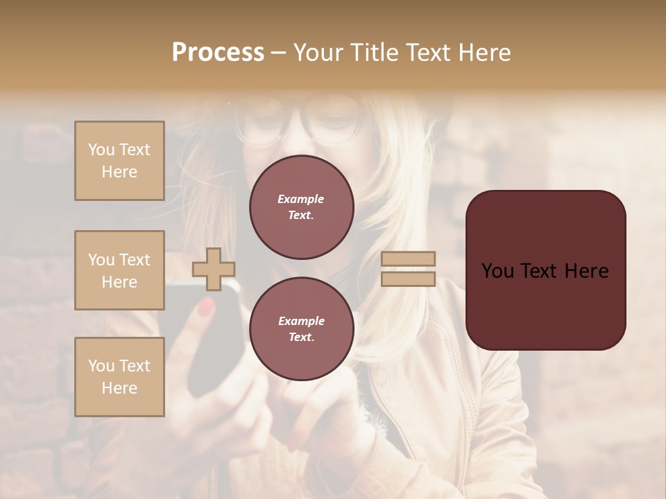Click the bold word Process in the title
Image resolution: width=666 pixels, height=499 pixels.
click(x=218, y=53)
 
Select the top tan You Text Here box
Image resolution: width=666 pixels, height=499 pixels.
click(x=119, y=161)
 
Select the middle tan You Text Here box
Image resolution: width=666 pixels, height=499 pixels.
click(x=119, y=270)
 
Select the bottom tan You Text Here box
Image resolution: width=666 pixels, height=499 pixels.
click(x=119, y=377)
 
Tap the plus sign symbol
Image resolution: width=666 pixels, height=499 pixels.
click(x=213, y=269)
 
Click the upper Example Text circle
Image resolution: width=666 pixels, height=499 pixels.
click(x=301, y=207)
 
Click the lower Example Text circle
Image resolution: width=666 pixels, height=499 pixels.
click(x=301, y=329)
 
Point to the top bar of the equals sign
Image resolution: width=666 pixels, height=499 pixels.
click(x=409, y=259)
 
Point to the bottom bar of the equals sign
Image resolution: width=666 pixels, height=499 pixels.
click(x=409, y=279)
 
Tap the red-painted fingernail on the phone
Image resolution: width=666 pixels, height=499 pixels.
click(x=206, y=306)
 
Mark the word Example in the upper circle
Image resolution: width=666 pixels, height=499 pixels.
click(x=301, y=199)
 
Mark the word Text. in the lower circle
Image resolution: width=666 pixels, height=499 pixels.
click(x=301, y=337)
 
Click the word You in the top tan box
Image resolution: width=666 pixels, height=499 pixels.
click(x=101, y=150)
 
